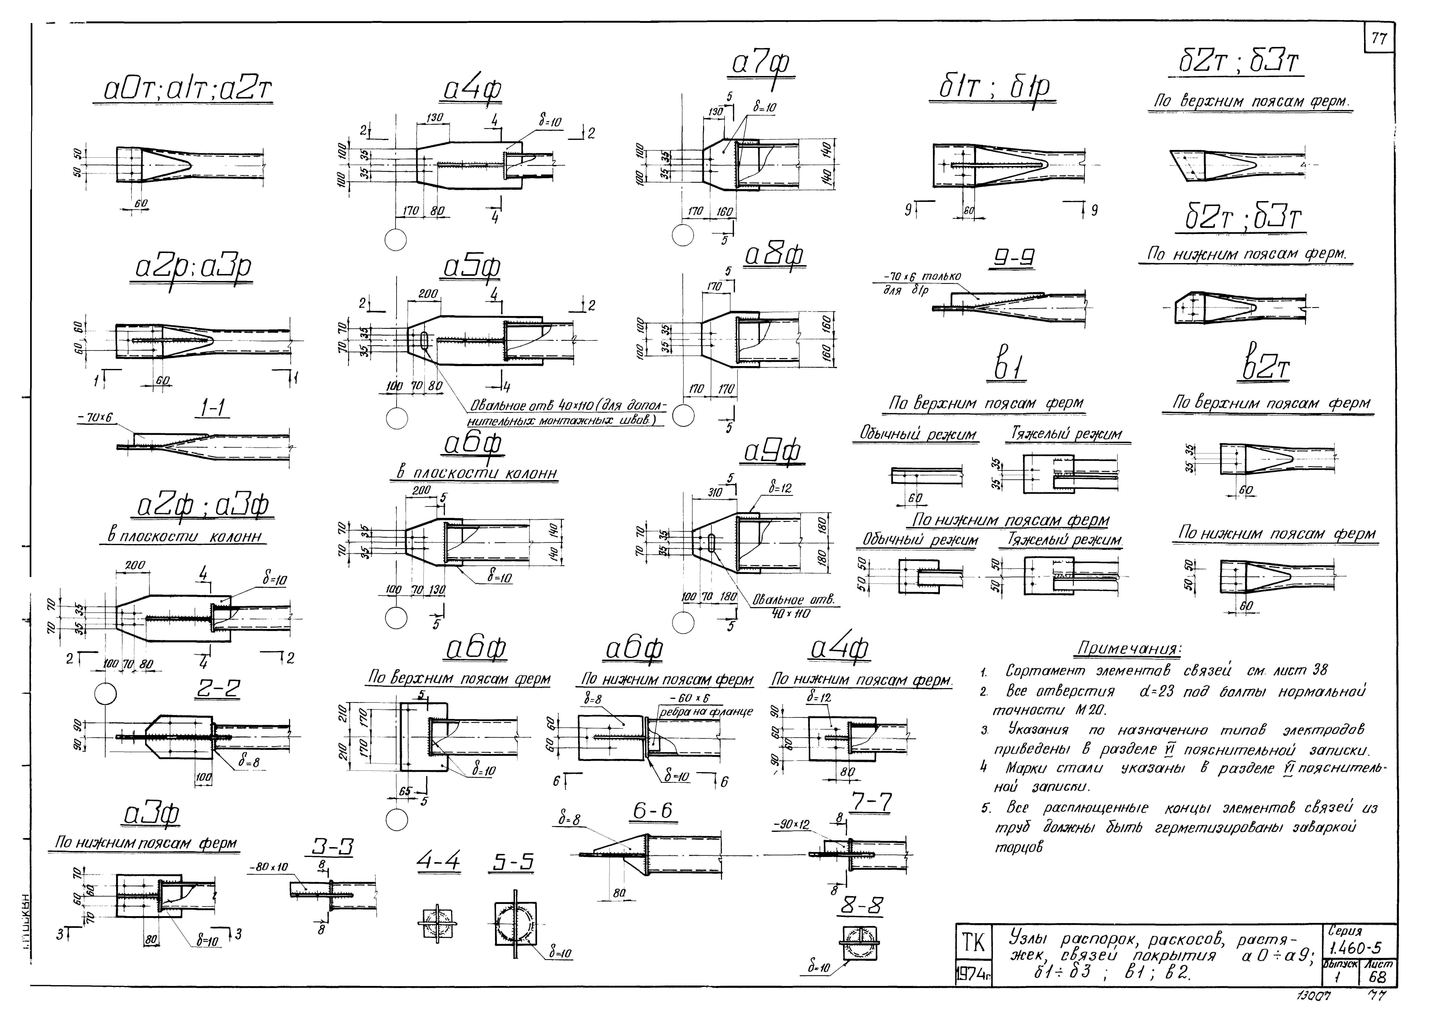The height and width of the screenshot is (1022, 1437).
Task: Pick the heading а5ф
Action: pyautogui.click(x=472, y=269)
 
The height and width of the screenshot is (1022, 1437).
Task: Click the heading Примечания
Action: pyautogui.click(x=1129, y=648)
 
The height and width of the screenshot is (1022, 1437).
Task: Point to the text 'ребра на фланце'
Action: pyautogui.click(x=705, y=712)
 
